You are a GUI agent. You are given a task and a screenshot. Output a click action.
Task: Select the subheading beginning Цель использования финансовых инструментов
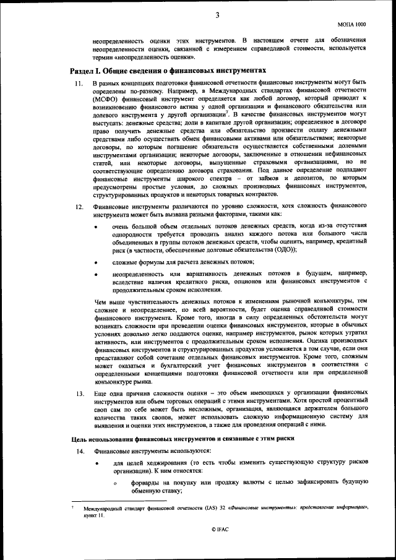coord(180,439)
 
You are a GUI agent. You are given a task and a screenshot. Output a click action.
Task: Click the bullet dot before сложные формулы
coord(95,262)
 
